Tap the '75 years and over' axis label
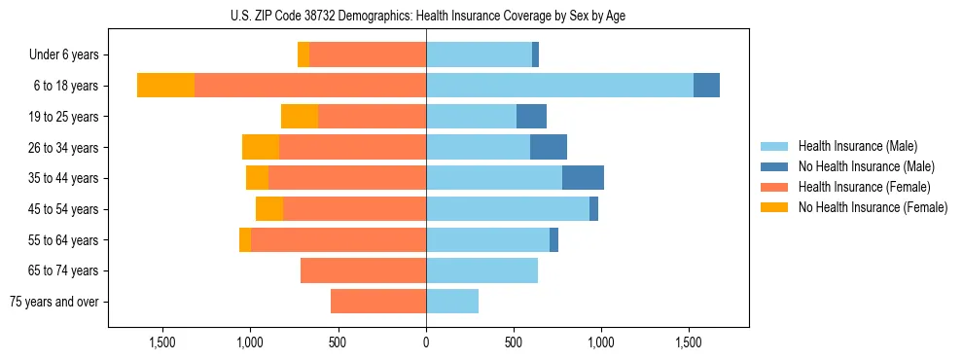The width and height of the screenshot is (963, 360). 54,302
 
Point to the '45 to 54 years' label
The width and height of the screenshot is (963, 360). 63,209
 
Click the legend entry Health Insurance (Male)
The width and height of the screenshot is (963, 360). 856,146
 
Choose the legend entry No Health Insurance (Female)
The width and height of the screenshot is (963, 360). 872,207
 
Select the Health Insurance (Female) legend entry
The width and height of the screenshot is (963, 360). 863,187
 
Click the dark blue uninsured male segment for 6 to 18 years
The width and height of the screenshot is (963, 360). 706,86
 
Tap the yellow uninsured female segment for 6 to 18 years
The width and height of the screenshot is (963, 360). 165,86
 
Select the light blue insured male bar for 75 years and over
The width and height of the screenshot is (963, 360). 452,302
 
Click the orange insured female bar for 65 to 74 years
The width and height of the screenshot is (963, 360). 363,270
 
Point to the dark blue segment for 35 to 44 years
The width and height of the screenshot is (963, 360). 583,178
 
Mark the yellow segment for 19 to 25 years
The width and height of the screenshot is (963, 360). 300,117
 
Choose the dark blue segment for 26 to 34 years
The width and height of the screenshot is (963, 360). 549,147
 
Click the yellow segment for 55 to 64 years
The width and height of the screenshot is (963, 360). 245,240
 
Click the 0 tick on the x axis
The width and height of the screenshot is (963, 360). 426,342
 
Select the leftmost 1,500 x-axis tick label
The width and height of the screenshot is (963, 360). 161,342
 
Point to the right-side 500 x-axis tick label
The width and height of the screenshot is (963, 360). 514,342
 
